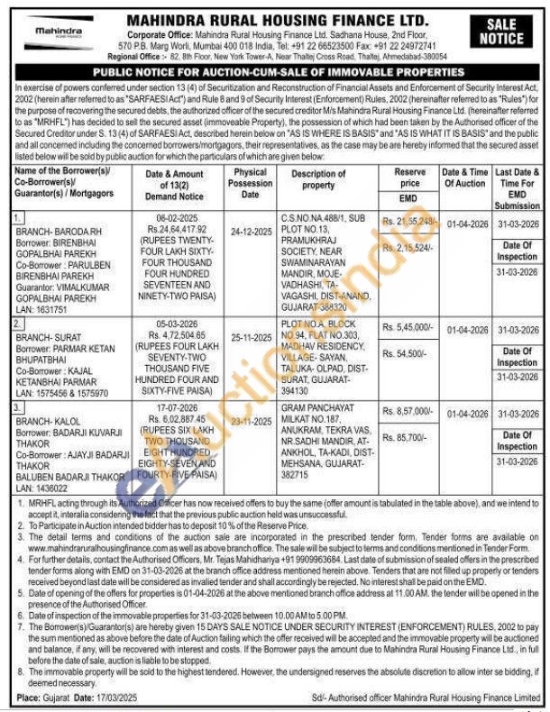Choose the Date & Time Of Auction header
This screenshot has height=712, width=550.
(x=464, y=178)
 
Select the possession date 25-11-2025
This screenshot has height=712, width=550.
(x=251, y=333)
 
